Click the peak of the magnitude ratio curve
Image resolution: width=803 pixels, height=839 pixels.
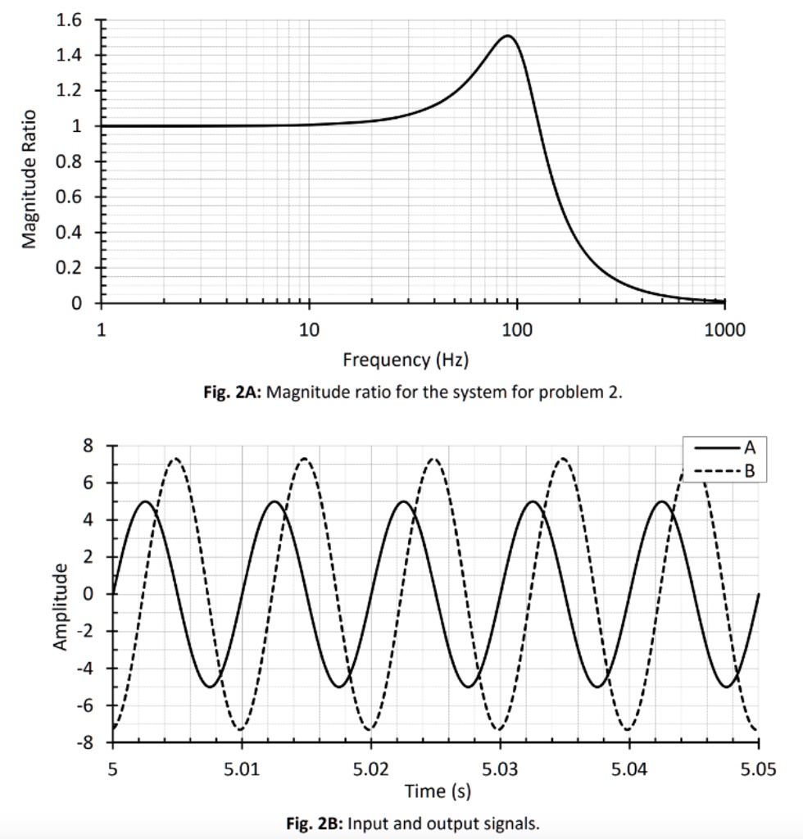click(507, 36)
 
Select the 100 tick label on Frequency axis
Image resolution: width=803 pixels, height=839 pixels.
click(517, 330)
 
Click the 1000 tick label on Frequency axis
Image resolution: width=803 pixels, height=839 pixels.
click(724, 330)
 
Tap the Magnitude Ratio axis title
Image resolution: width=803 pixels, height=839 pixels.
click(29, 179)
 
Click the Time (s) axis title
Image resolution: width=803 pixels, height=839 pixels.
click(438, 791)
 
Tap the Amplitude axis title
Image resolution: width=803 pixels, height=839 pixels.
click(60, 607)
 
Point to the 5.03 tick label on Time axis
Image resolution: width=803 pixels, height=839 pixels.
click(500, 770)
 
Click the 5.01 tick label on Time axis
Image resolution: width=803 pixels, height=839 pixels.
click(242, 770)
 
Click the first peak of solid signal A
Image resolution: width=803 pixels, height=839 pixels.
click(145, 501)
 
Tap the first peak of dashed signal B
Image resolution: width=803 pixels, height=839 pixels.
click(175, 459)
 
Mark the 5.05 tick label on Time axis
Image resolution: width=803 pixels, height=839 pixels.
click(757, 770)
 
